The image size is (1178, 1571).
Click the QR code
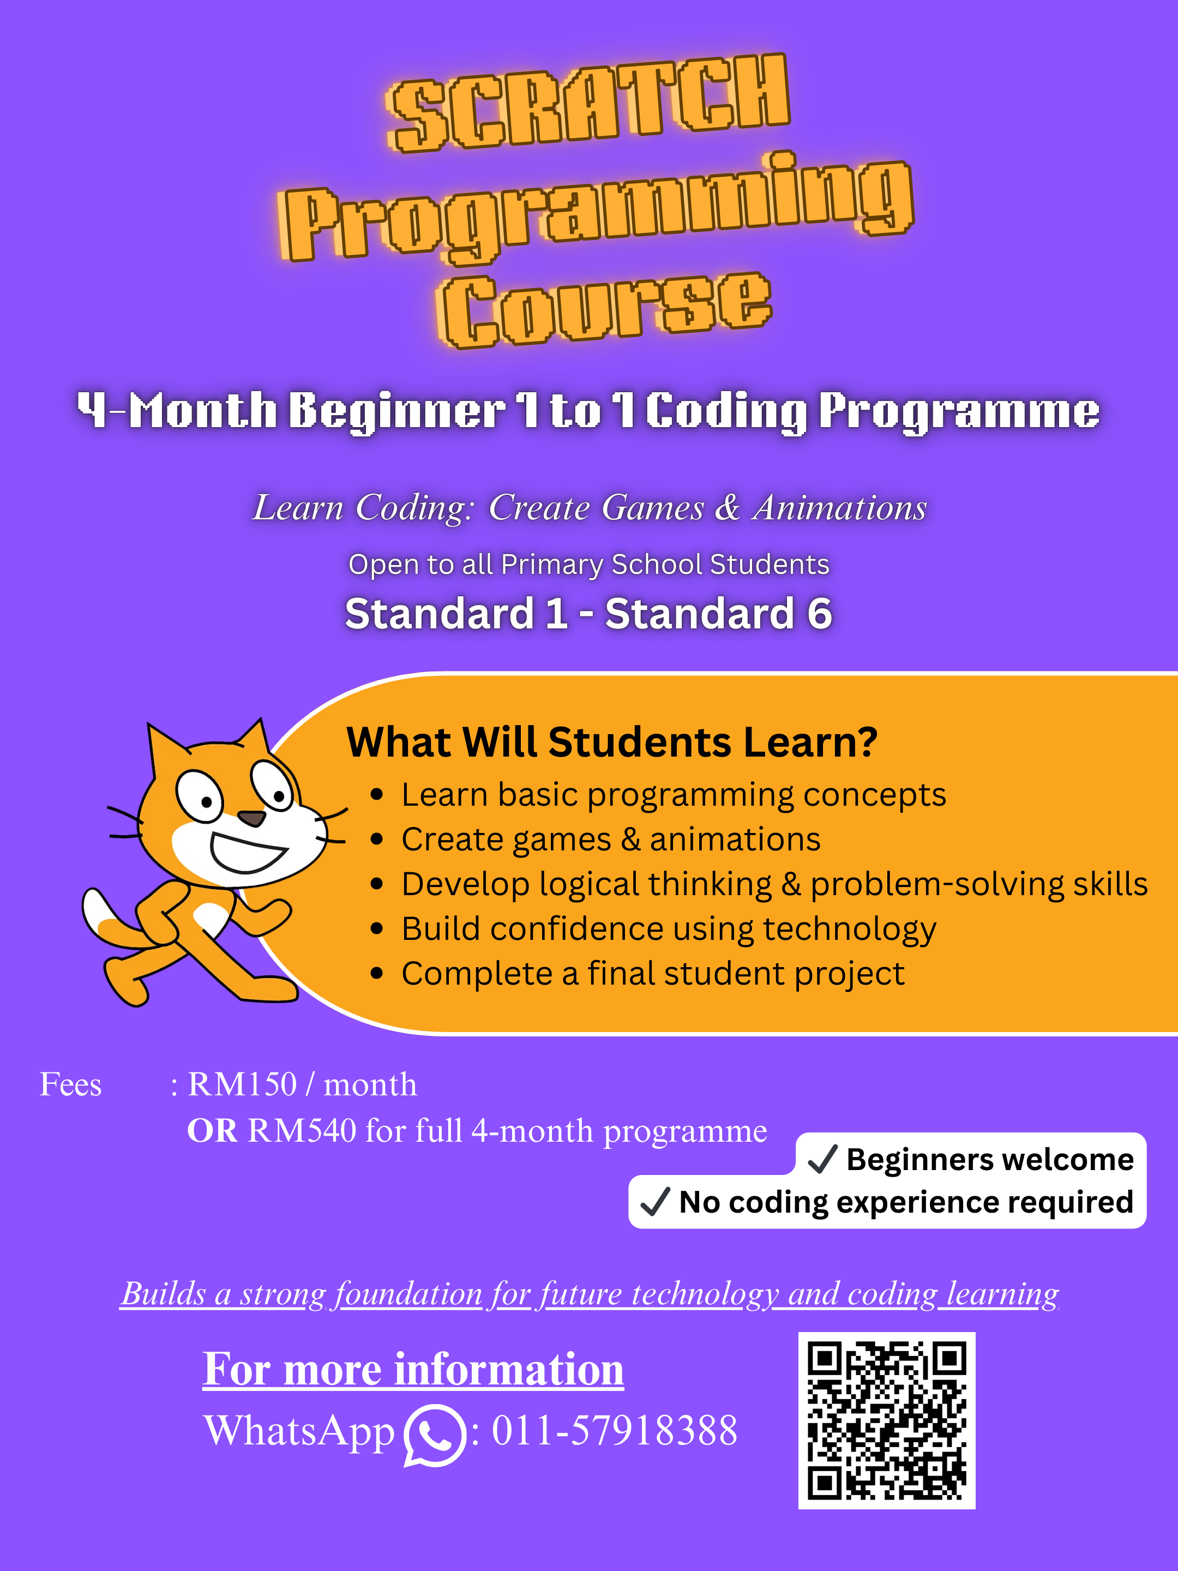pos(886,1420)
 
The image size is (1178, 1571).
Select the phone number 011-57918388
pos(614,1430)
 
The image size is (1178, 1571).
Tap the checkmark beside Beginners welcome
pos(823,1159)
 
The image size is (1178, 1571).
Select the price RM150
pos(242,1084)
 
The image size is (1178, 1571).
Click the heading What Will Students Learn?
pos(611,742)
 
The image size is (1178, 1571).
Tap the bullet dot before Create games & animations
pos(377,840)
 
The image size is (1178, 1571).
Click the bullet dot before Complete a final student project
pos(377,974)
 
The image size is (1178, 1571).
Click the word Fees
pos(70,1084)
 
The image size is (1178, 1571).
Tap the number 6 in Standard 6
pos(819,614)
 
